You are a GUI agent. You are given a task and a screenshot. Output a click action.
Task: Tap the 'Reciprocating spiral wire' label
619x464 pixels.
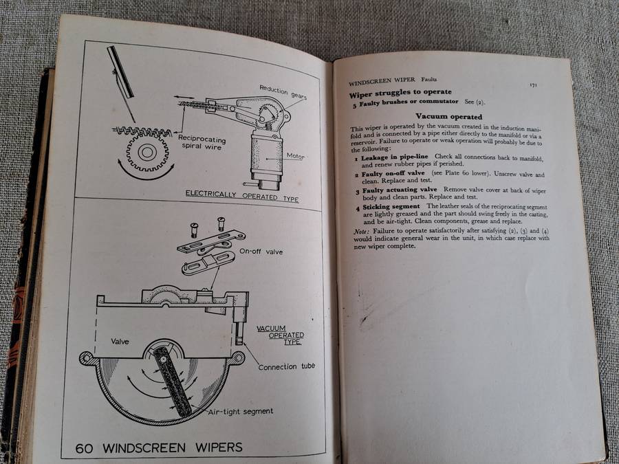pos(202,141)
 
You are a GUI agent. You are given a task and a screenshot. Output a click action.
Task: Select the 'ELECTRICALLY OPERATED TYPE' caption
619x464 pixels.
pos(243,195)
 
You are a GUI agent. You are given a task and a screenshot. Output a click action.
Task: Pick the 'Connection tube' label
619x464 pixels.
pos(286,366)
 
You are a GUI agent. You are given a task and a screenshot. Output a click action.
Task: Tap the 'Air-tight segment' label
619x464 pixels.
pos(239,411)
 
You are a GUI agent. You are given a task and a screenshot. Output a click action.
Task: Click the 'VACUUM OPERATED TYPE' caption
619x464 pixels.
pos(281,335)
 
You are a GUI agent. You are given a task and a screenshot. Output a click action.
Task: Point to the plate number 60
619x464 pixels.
pos(85,448)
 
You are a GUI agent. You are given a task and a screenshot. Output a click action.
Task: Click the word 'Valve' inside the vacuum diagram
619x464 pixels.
pos(122,340)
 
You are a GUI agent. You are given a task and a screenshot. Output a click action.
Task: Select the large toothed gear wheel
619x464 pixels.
pos(147,153)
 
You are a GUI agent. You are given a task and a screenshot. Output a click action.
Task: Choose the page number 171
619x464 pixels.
pos(533,85)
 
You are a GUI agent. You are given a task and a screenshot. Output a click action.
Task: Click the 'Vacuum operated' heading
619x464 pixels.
pos(449,117)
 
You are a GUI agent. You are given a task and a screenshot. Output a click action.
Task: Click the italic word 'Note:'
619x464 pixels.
pos(360,231)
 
